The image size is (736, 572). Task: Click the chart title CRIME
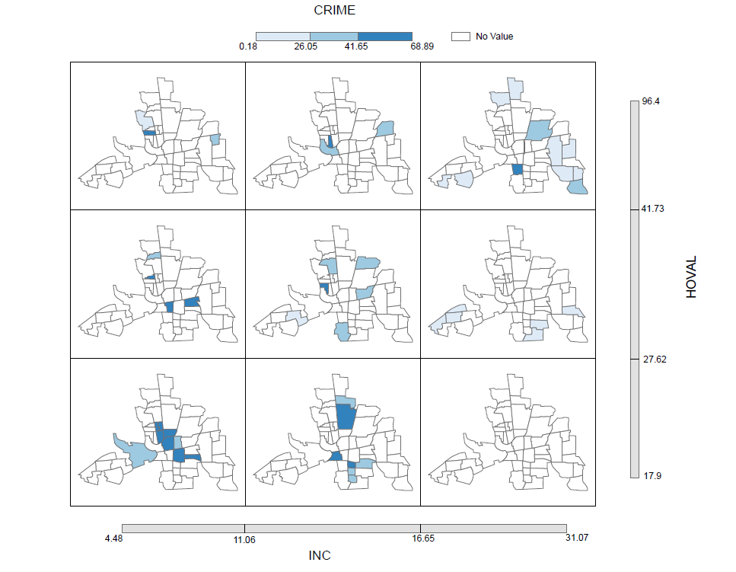tap(335, 11)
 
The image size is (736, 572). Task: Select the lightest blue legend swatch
tap(283, 37)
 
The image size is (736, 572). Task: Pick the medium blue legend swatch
tap(333, 37)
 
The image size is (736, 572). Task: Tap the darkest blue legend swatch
tap(384, 37)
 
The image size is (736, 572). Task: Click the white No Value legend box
tap(460, 37)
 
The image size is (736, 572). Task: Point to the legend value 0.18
tap(247, 47)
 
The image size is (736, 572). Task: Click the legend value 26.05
tap(305, 47)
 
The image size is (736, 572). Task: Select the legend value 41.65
tap(357, 47)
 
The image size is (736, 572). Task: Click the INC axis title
tap(320, 555)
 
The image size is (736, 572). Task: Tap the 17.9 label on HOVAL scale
tap(652, 477)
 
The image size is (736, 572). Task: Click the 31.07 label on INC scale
tap(576, 538)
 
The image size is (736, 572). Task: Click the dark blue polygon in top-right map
tap(518, 169)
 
